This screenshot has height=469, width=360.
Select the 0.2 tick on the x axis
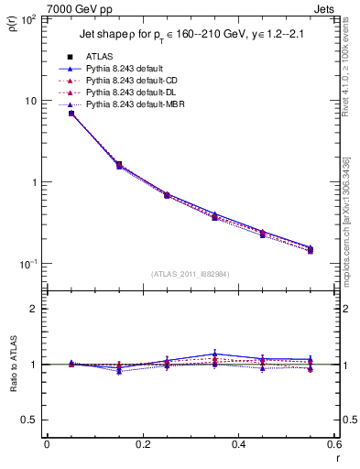pyautogui.click(x=142, y=445)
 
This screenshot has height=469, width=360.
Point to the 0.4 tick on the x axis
pyautogui.click(x=238, y=445)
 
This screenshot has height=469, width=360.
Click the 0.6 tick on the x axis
pyautogui.click(x=333, y=445)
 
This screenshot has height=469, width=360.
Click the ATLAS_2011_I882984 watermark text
pyautogui.click(x=191, y=274)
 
